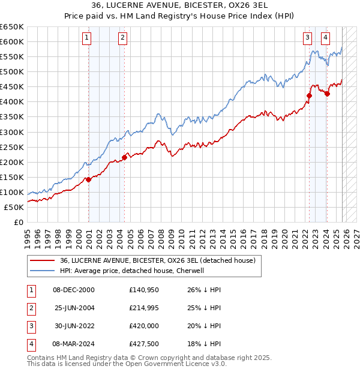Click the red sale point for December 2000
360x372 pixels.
pyautogui.click(x=88, y=179)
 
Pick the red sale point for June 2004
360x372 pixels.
pyautogui.click(x=124, y=157)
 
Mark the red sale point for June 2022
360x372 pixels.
pyautogui.click(x=310, y=95)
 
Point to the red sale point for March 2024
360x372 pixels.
pyautogui.click(x=327, y=93)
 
